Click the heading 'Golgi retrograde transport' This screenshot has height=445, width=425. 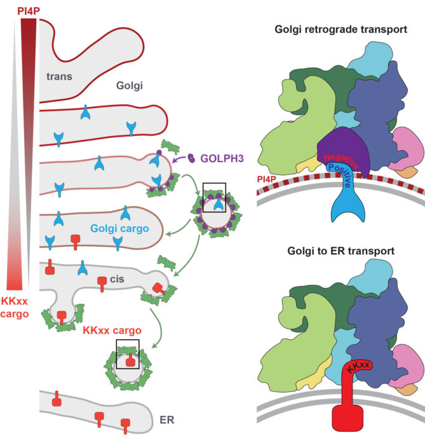click(340, 29)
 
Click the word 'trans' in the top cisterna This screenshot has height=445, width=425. click(60, 76)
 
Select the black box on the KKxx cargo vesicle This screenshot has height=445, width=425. click(130, 354)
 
